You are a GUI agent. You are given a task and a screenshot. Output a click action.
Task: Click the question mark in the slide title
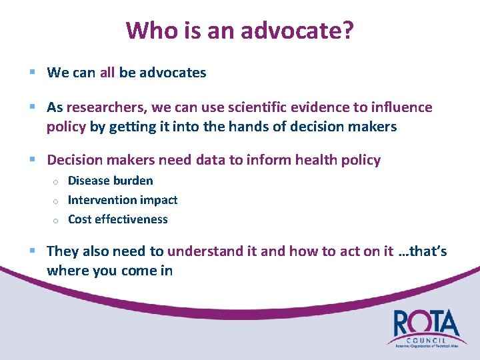tap(347, 30)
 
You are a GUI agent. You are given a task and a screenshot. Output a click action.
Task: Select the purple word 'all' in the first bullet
tap(107, 73)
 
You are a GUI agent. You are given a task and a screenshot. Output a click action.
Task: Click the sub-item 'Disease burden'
tap(110, 181)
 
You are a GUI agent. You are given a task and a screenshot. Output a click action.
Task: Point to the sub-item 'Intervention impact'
tap(123, 200)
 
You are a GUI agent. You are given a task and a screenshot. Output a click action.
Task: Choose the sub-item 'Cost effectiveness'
tap(118, 219)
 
